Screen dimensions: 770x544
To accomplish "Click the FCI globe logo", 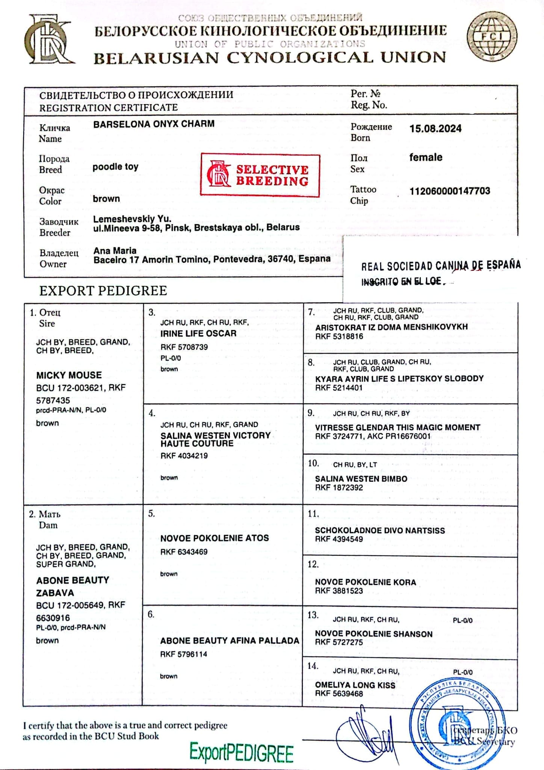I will (492, 36).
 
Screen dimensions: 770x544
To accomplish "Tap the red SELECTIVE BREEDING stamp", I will (260, 175).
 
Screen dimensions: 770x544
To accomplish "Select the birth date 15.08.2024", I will (435, 129).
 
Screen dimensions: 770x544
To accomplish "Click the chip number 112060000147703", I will (449, 191).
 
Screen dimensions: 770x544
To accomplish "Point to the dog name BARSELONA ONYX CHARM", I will (154, 124).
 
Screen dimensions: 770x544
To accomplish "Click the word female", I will (426, 157).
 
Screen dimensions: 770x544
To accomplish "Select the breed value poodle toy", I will (115, 167).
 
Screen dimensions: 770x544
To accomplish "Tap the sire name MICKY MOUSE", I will (69, 375).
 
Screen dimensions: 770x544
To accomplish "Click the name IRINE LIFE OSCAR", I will (198, 333).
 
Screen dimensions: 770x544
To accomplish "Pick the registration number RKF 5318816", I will (339, 336).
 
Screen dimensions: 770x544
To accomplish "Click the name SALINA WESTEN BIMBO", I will (361, 479).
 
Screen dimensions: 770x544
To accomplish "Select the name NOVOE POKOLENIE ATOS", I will (214, 538).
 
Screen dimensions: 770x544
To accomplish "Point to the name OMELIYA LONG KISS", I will (355, 685).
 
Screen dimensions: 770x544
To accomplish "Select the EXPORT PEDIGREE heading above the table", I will (103, 291).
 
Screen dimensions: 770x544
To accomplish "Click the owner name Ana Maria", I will (115, 250).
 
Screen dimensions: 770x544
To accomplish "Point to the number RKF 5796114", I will (183, 654).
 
